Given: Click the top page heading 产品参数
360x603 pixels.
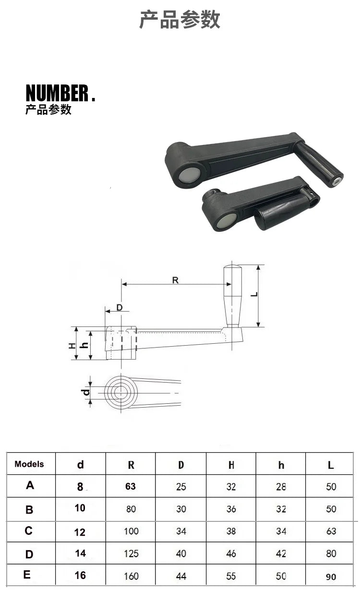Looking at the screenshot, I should coord(180,20).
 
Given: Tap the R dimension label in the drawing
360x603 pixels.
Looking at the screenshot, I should coord(175,280).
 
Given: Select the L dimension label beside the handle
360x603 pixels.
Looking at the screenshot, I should coord(254,295).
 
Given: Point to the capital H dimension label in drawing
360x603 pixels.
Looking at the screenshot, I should coord(72,345).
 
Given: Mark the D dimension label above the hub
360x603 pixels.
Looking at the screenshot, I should coord(120,307).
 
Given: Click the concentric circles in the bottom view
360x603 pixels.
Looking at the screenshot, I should coord(121,393).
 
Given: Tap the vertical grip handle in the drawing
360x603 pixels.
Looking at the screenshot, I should coord(233,295).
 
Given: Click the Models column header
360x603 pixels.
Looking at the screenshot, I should coord(29,464).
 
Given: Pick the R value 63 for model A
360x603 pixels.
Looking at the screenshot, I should coord(131,486).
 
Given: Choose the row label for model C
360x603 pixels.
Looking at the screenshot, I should coord(29,531).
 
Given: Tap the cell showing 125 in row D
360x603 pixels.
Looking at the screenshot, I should coord(131,554).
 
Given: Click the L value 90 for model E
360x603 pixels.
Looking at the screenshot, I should coord(331,577).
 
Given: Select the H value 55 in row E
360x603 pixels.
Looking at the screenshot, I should coord(231,576).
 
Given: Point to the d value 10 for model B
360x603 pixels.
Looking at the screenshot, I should coord(80,508).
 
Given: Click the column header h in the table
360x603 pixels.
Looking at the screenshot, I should coord(281,465).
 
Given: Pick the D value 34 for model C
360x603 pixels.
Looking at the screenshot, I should coord(180,531).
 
